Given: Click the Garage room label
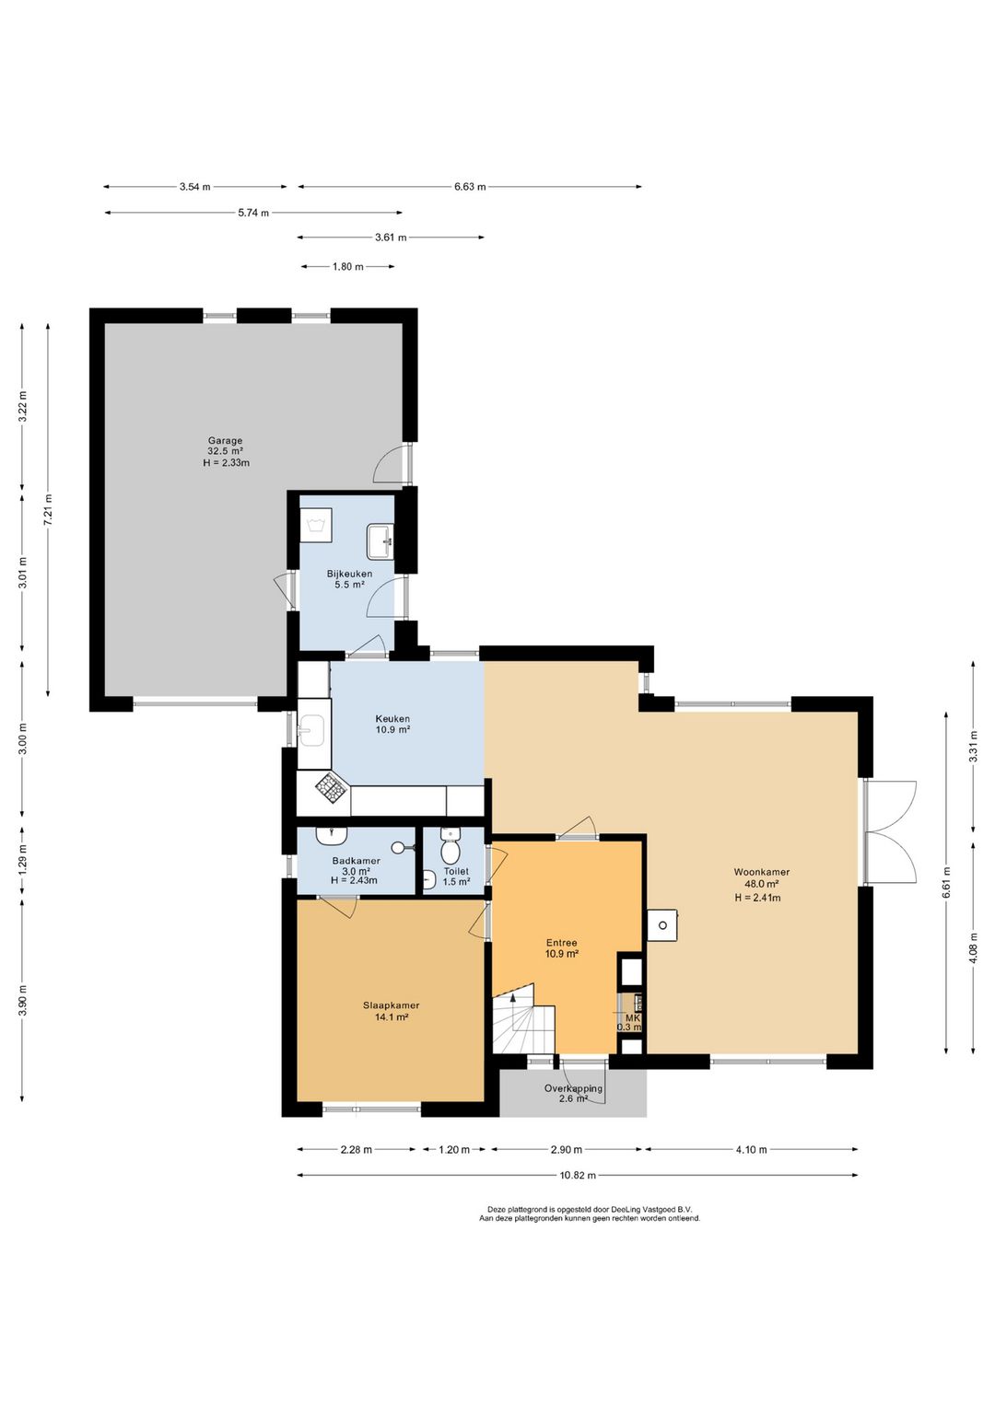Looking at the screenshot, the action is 226,440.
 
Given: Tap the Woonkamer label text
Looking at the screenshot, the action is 762,872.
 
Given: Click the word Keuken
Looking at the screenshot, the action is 392,719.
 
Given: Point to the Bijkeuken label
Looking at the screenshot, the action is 350,574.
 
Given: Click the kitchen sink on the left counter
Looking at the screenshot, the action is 312,731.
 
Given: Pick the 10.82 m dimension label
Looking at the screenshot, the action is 578,1175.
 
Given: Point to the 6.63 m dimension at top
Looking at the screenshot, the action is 470,186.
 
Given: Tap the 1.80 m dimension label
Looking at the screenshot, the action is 347,267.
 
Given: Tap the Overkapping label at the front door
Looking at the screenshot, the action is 573,1088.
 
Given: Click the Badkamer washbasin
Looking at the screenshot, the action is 332,835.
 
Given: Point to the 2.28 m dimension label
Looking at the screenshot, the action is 356,1150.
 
